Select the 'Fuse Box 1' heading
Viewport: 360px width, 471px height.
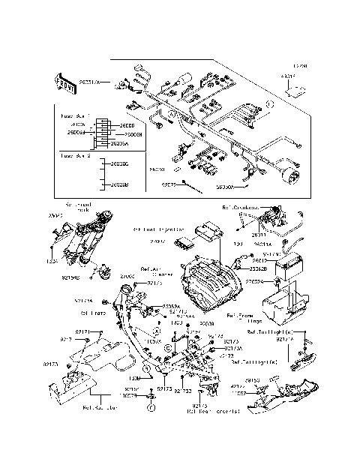[x=74, y=116]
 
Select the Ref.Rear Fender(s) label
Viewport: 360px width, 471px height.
[x=214, y=411]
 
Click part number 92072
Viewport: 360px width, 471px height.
[x=171, y=183]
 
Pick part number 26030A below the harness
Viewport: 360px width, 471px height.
[x=226, y=191]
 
